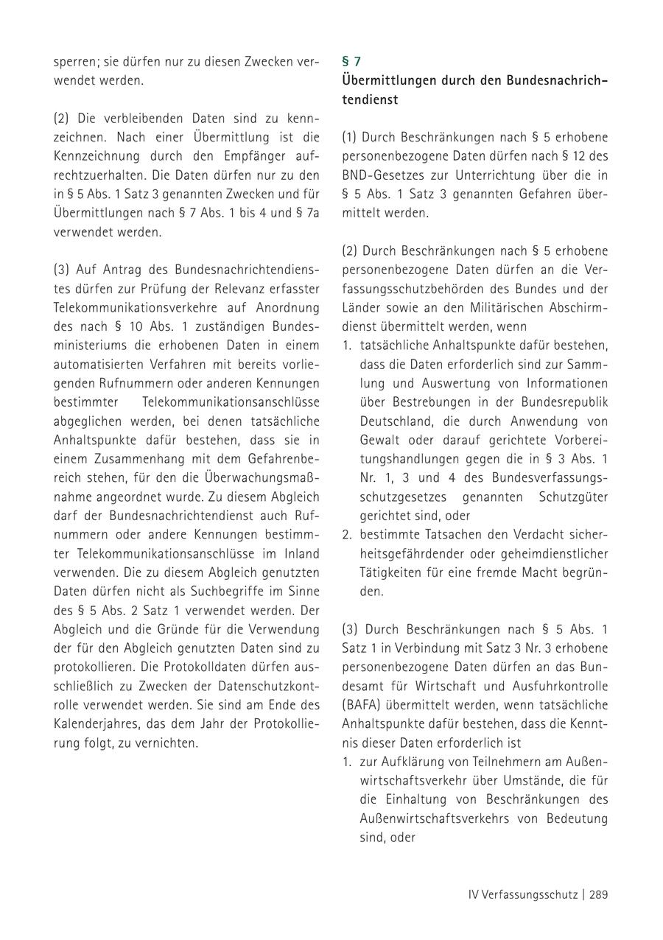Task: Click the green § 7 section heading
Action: (x=351, y=62)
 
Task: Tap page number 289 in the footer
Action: (x=598, y=895)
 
